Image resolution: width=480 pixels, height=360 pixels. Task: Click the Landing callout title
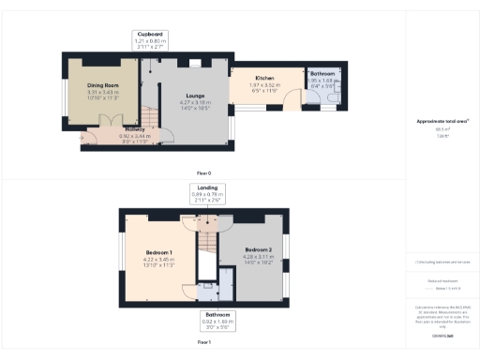(195, 187)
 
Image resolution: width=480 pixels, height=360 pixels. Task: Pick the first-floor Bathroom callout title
(215, 313)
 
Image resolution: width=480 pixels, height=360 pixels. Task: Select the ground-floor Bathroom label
(324, 73)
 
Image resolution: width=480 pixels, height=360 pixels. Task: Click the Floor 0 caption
(202, 173)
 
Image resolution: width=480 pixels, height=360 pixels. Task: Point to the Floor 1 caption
(203, 343)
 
